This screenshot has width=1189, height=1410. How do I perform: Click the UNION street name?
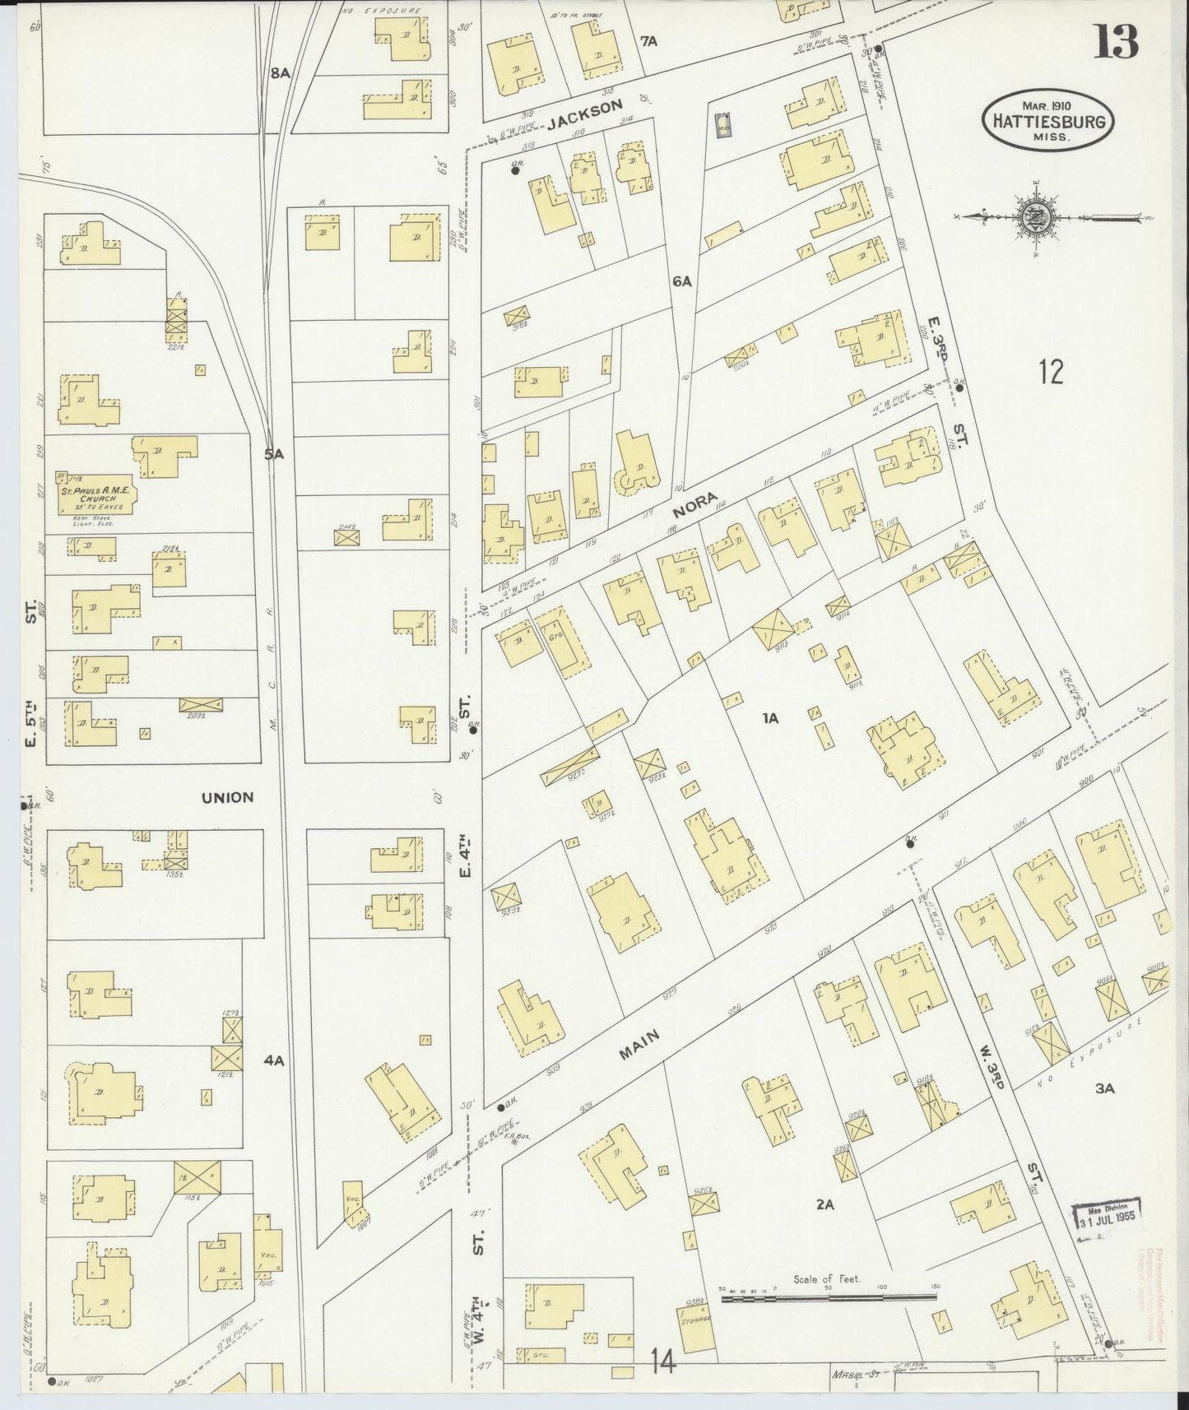click(225, 796)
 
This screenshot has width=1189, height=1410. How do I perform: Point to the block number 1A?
click(770, 718)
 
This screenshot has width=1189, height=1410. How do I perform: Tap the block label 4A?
click(274, 1060)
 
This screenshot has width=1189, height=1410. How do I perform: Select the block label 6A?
click(681, 281)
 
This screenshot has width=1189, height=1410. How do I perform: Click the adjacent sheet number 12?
click(1050, 372)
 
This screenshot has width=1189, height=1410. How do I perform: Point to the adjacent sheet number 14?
click(662, 1361)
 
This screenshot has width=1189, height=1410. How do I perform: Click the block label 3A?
click(1104, 1088)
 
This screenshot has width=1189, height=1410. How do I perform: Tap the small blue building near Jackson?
click(723, 126)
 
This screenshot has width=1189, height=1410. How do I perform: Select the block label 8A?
click(281, 72)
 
